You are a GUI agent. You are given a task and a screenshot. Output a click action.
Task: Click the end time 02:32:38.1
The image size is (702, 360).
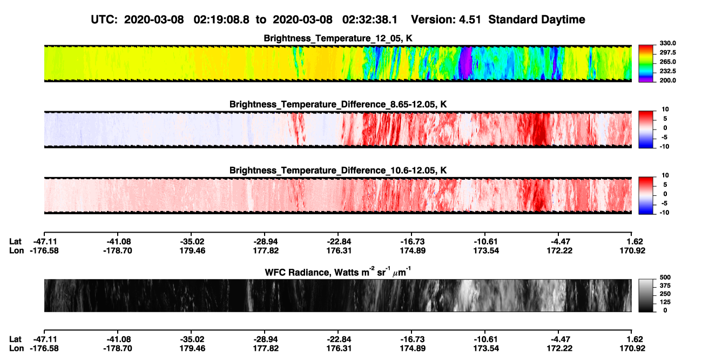pos(370,20)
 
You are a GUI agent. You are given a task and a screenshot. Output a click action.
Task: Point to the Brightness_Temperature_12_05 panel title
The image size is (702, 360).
pos(338,38)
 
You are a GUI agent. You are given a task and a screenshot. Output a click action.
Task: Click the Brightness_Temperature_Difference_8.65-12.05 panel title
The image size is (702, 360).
pos(338,104)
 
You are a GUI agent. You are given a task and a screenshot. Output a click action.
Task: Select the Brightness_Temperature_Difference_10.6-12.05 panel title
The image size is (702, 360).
pos(338,171)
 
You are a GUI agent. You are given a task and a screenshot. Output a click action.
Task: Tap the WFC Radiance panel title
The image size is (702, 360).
pos(338,272)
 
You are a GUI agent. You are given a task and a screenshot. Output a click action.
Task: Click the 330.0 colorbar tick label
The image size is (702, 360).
pos(667,43)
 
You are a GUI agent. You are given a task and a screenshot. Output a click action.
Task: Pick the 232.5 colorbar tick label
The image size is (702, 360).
pos(667,71)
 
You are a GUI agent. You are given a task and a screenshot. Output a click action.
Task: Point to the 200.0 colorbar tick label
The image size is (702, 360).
pos(667,80)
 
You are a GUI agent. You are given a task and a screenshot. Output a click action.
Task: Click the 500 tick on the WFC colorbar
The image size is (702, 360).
pos(665,277)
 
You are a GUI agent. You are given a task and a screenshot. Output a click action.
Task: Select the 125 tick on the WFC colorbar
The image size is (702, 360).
pos(665,302)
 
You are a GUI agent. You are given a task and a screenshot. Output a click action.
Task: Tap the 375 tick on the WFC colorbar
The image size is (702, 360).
pos(665,286)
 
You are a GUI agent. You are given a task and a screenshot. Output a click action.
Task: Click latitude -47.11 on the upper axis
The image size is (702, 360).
pos(44,242)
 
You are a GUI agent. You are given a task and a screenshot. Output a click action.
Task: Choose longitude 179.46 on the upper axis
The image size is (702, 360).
pos(192,250)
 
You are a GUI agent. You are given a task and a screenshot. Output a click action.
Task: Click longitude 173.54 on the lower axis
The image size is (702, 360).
pos(486,349)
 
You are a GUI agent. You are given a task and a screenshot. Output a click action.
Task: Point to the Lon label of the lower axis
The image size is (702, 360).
pos(17,349)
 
